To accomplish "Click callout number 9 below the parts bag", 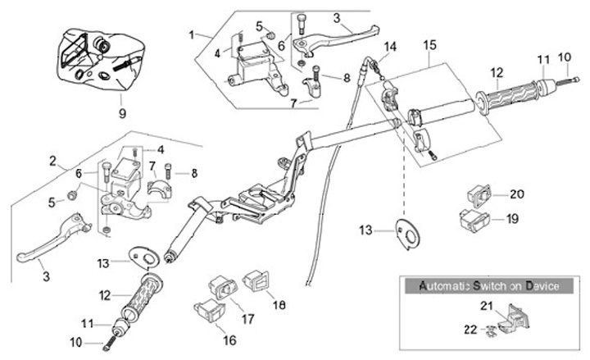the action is [122, 113].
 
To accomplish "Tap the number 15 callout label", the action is [429, 45].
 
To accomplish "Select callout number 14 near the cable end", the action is [390, 47].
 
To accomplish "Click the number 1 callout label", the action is [192, 35].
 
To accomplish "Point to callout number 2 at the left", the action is [52, 162].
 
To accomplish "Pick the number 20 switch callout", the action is [517, 194].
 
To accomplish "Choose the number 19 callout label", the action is [512, 219].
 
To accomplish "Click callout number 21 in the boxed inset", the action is [487, 306].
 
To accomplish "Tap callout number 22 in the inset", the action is [470, 330].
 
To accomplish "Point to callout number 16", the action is [229, 340].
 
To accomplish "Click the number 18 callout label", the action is [279, 304].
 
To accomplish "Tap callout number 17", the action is [247, 319].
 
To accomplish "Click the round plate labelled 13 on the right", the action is [408, 234].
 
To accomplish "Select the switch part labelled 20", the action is [479, 196].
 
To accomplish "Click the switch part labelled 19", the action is [475, 220].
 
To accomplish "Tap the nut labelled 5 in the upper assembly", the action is [270, 35].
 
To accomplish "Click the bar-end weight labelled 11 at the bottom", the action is [120, 326].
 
